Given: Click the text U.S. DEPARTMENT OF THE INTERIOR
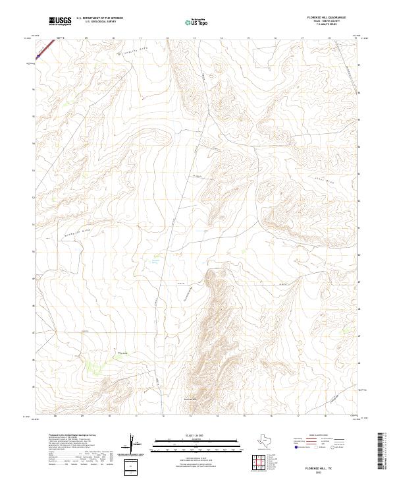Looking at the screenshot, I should point(99,18).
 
